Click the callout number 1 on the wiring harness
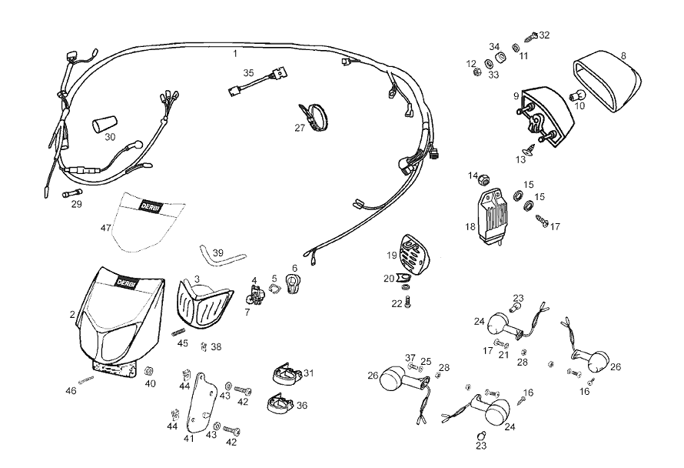click(236, 53)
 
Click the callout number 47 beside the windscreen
click(105, 228)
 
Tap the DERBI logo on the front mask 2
click(125, 283)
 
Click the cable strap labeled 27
click(312, 115)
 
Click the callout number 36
click(302, 405)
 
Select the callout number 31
click(309, 373)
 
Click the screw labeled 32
click(532, 36)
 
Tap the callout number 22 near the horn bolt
click(397, 303)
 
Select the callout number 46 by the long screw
click(71, 391)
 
